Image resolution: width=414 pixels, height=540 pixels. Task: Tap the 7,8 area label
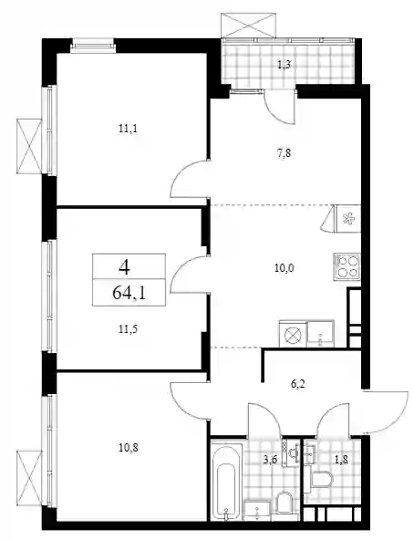[x=284, y=152]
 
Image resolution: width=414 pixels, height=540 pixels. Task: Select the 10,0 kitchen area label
[x=284, y=267]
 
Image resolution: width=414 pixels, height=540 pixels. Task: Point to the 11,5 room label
[x=129, y=329]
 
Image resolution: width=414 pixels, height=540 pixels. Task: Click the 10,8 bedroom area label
[x=129, y=448]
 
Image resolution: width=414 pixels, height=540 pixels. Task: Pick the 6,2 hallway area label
[x=298, y=384]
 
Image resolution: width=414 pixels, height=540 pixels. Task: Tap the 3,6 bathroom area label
[x=269, y=460]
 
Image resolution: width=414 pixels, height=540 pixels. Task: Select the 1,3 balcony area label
[x=284, y=65]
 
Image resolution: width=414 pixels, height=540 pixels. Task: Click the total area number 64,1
[x=129, y=293]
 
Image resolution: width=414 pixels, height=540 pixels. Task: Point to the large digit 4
[x=124, y=266]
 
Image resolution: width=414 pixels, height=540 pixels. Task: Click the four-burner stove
[x=347, y=266]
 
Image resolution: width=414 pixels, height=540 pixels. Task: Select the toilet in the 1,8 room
[x=321, y=479]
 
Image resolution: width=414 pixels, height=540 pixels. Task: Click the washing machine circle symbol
[x=294, y=334]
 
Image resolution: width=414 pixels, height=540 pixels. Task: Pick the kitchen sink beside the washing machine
[x=321, y=333]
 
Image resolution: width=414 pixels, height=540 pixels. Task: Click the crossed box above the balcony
[x=249, y=26]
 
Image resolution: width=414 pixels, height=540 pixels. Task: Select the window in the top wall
[x=93, y=46]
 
